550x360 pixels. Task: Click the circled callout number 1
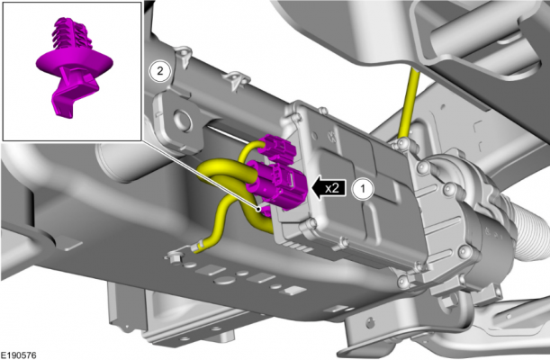(x=363, y=189)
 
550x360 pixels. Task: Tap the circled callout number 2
(x=160, y=71)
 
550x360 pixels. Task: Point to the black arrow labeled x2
(x=329, y=189)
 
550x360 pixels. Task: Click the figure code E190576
(x=18, y=355)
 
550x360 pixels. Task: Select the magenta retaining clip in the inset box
(x=75, y=67)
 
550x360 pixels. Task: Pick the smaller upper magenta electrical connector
(x=278, y=149)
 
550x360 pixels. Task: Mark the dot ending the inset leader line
(x=258, y=210)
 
